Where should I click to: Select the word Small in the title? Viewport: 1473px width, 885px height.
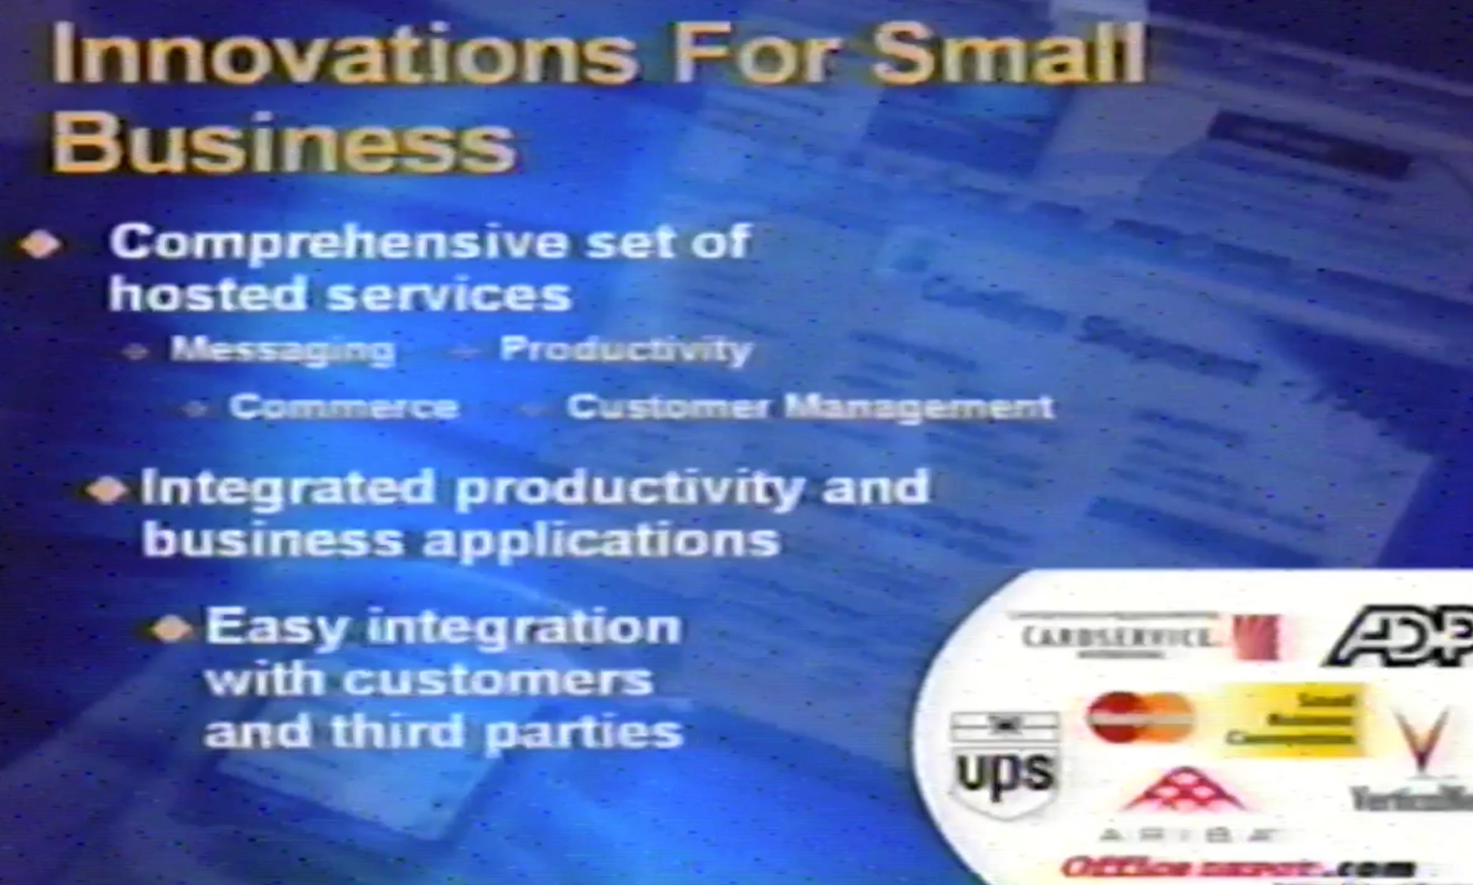(1007, 55)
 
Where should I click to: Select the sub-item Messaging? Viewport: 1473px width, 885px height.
(282, 350)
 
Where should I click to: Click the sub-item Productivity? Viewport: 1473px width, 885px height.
(625, 350)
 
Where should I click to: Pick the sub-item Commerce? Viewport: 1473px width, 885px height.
(344, 408)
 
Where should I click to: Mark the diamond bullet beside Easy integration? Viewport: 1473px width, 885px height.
(172, 630)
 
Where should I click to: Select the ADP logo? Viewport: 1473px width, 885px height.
(1401, 637)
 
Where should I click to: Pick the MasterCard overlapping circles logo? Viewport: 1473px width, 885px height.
(1140, 717)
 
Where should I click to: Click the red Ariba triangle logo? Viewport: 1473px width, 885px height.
(1185, 791)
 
